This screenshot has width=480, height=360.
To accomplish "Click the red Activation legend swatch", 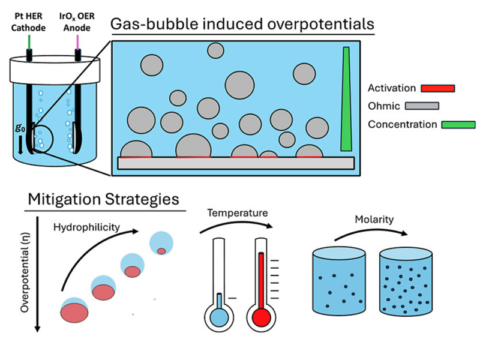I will [x=437, y=89].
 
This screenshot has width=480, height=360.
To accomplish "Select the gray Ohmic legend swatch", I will [x=422, y=106].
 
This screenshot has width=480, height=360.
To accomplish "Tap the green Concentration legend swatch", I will [x=458, y=125].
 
